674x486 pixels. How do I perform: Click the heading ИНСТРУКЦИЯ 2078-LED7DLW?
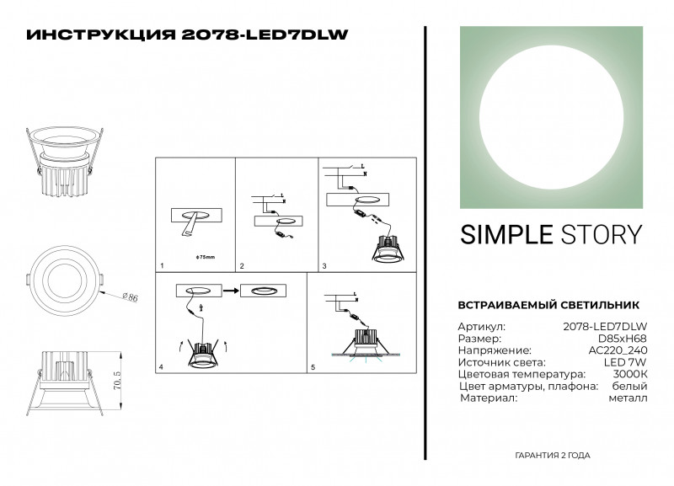(x=187, y=35)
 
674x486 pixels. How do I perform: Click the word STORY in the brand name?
(x=598, y=234)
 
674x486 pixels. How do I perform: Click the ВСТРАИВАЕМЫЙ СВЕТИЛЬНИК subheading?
(x=548, y=305)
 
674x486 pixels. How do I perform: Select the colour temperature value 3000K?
(x=632, y=373)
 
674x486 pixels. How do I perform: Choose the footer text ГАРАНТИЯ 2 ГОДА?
(x=552, y=455)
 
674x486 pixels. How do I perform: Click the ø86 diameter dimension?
(x=130, y=296)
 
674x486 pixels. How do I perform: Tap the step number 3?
(x=324, y=266)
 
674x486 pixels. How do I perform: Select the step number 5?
(x=313, y=368)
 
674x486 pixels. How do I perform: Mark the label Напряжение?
(x=494, y=350)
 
